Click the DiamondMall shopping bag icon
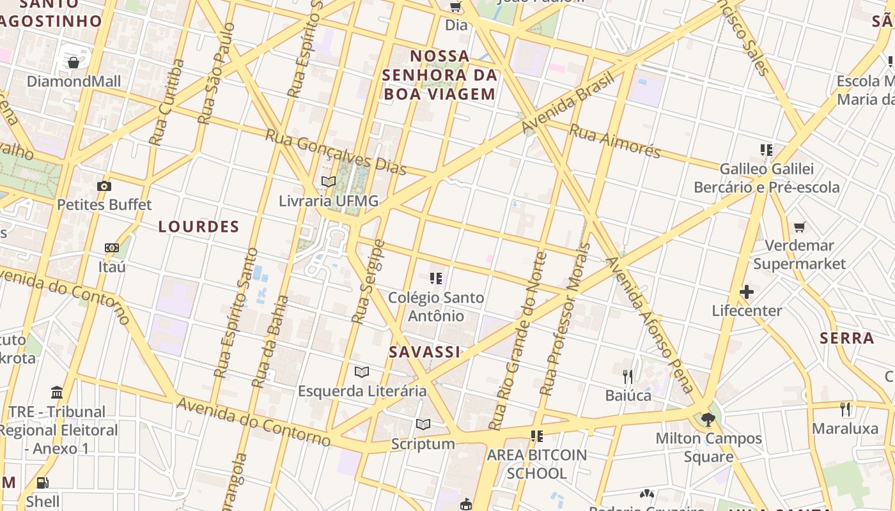(x=74, y=63)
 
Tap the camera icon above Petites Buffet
(x=104, y=186)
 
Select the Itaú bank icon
(x=112, y=248)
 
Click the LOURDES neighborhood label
(x=199, y=227)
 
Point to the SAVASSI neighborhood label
(x=424, y=352)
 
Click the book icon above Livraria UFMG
(x=329, y=182)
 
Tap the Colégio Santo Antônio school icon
(x=436, y=278)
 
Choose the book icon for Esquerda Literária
(x=362, y=372)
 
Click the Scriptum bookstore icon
(x=423, y=424)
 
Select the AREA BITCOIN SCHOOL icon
(x=536, y=436)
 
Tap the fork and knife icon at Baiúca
(x=628, y=376)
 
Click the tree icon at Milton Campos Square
(x=708, y=419)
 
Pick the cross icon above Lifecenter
(x=746, y=292)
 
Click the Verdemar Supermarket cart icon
(x=799, y=227)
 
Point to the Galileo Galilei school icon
(x=766, y=150)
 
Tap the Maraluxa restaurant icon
(x=845, y=409)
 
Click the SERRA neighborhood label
(x=847, y=338)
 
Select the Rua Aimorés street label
(x=614, y=141)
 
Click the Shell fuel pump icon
(x=42, y=483)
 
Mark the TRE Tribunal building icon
(x=57, y=392)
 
